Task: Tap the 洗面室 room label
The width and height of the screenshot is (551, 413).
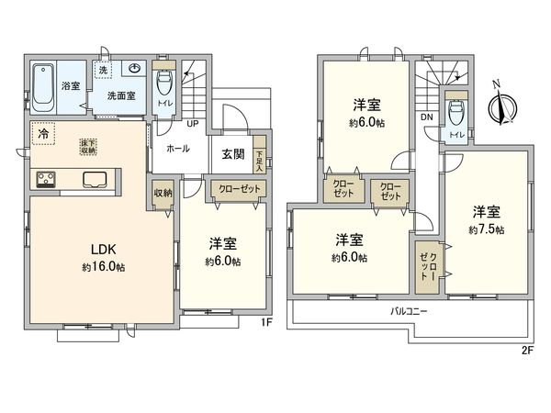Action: pyautogui.click(x=118, y=95)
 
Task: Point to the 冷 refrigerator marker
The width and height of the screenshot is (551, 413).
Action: pyautogui.click(x=42, y=134)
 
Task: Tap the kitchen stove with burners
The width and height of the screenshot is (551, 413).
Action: pyautogui.click(x=47, y=180)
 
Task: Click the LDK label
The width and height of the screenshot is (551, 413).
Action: pyautogui.click(x=102, y=248)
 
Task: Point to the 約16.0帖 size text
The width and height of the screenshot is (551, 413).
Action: pyautogui.click(x=102, y=265)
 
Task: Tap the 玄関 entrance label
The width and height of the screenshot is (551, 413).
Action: pyautogui.click(x=233, y=154)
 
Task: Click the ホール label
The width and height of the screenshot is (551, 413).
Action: pyautogui.click(x=178, y=148)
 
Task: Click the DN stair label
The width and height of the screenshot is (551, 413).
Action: pyautogui.click(x=427, y=117)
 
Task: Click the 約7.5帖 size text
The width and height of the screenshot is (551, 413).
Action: pyautogui.click(x=486, y=229)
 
